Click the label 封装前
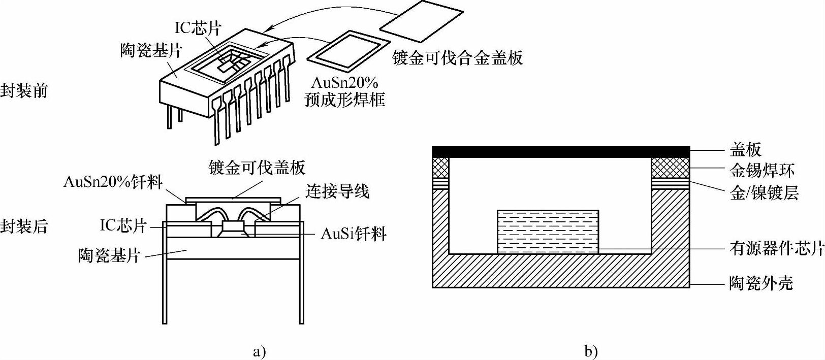pos(24,91)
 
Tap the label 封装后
pos(24,226)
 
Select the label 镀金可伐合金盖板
pos(458,58)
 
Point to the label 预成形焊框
pos(345,99)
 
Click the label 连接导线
pos(337,191)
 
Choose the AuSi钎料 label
pos(354,234)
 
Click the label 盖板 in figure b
pos(746,149)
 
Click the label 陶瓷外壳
pos(761,283)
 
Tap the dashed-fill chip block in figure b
pos(548,232)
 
